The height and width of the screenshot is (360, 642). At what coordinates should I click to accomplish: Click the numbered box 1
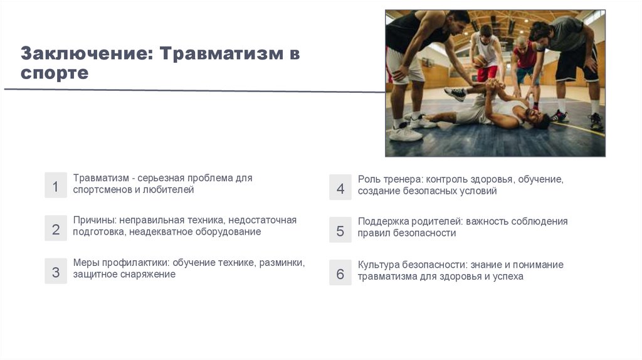55,186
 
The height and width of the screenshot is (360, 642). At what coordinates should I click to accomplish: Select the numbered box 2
55,228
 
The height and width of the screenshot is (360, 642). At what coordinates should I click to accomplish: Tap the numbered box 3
55,271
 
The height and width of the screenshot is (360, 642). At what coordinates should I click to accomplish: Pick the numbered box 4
340,188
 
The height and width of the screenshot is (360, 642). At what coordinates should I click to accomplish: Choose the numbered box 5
340,230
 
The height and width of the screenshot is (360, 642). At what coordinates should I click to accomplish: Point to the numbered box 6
340,273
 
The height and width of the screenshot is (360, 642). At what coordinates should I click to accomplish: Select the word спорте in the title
55,73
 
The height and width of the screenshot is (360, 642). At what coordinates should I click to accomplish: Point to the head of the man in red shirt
521,42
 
